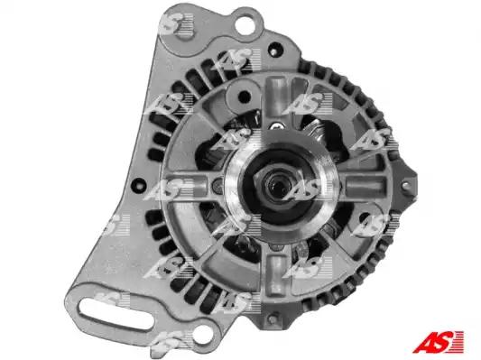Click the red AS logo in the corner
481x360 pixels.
tap(438, 341)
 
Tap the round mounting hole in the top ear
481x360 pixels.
tap(245, 24)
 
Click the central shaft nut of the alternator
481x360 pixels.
tap(278, 185)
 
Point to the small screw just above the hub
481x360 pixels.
tap(275, 125)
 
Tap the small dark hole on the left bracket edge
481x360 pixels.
tap(139, 184)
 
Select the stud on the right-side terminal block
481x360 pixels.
tap(405, 185)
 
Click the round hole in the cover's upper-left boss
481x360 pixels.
tap(245, 97)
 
